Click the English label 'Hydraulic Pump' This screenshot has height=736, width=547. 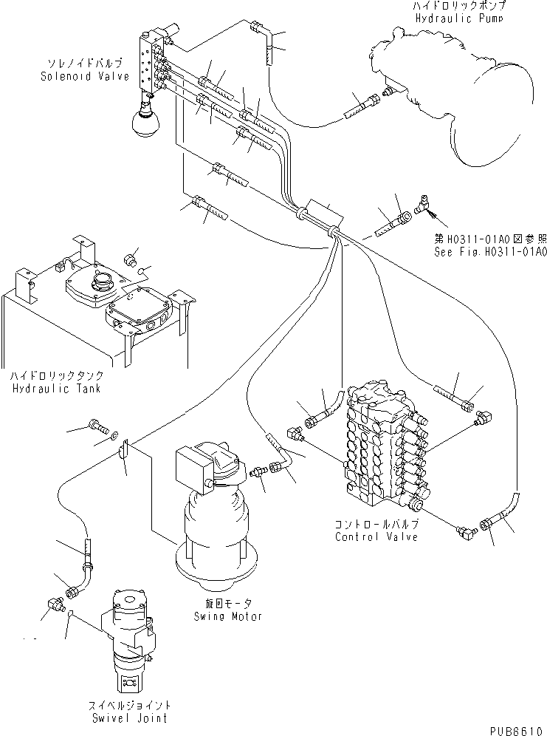459,18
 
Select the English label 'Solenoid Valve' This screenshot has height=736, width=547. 95,76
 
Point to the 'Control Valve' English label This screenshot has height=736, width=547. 376,536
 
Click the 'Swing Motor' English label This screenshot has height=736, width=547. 228,616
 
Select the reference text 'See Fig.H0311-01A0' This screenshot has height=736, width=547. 490,252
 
